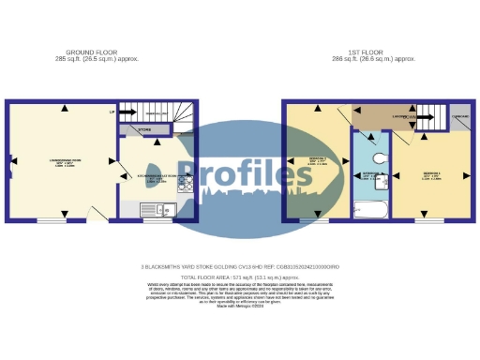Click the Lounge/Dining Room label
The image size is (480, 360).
tap(63, 163)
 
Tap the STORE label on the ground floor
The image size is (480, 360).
tap(145, 129)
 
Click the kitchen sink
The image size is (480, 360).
tap(151, 209)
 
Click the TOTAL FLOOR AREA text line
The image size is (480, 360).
tap(240, 278)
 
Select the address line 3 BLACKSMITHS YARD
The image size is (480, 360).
tap(240, 267)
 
